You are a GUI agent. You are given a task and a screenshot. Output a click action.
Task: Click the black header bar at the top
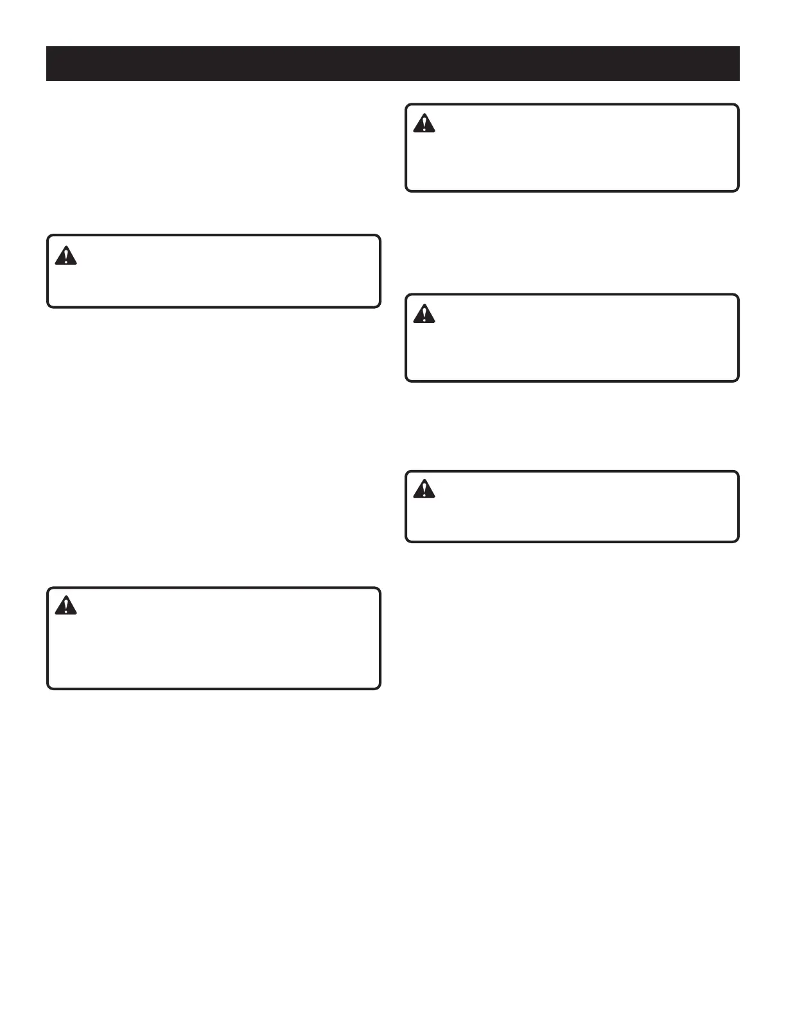[393, 64]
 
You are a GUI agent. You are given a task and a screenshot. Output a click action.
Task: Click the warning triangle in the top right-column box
[424, 123]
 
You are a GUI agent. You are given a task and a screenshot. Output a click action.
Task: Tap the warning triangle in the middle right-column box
[424, 313]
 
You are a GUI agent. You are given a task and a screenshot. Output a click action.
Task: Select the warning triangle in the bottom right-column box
[424, 490]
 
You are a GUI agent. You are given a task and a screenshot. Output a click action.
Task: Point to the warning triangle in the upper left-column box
[65, 256]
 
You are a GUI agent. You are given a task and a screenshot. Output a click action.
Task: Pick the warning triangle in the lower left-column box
[65, 605]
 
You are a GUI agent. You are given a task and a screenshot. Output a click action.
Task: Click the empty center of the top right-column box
[572, 148]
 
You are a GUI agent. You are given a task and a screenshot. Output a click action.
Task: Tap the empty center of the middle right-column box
[572, 338]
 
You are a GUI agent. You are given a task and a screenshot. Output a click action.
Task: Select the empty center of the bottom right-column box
[572, 507]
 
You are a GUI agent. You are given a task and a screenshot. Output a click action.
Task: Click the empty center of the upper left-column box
[214, 271]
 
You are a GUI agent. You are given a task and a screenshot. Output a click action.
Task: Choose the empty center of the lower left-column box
[214, 638]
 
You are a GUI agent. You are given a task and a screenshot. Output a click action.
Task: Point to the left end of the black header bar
[48, 64]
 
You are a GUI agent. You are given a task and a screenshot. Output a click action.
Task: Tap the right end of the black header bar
[738, 64]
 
